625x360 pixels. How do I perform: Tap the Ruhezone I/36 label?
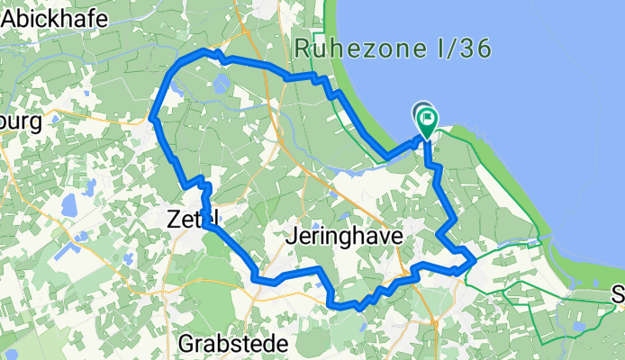point(394,48)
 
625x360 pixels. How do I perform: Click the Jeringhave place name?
point(348,236)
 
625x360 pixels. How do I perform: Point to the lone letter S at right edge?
point(618,294)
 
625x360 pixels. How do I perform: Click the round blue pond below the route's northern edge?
point(222,86)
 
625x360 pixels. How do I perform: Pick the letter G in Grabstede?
point(187,343)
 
